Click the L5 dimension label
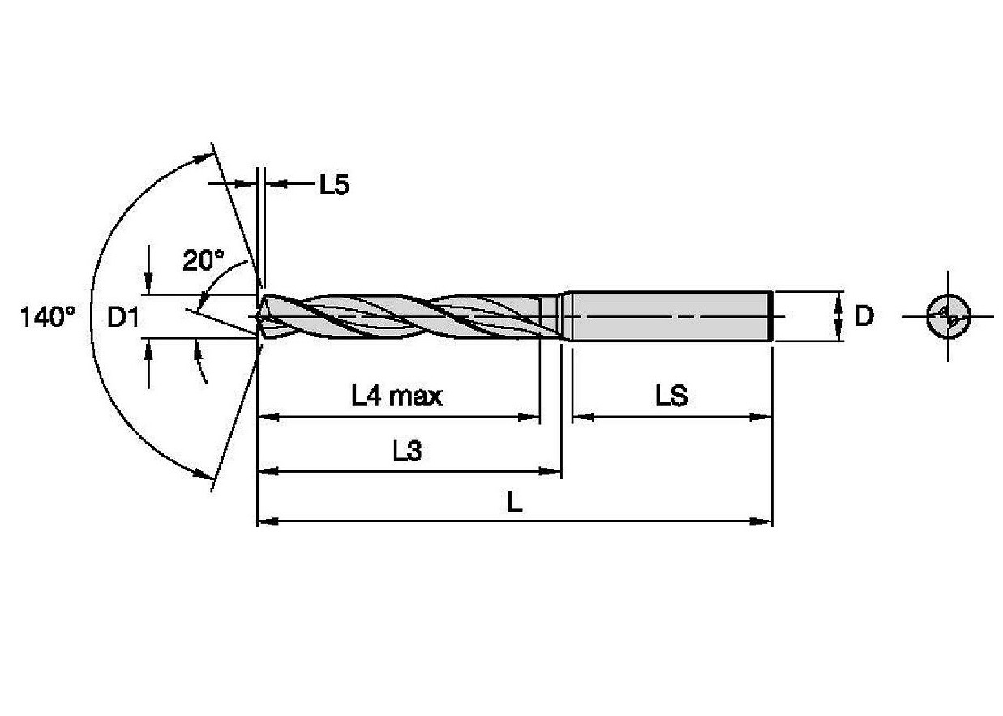pos(332,185)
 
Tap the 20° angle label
pos(203,260)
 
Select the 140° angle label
pos(48,317)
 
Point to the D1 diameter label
pos(124,317)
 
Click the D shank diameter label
pos(864,316)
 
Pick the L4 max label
pos(396,397)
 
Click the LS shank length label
pos(671,397)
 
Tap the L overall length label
pos(514,504)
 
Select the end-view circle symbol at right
pos(947,316)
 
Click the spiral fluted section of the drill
pos(405,316)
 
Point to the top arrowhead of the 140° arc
pos(201,157)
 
